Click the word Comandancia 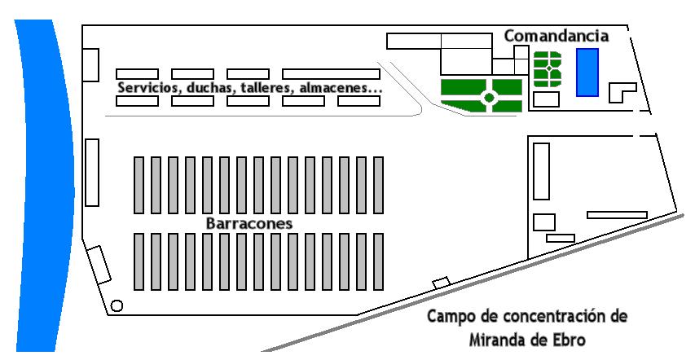coord(556,36)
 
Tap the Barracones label coord(249,222)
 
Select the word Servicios coord(145,87)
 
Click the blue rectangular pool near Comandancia coord(587,72)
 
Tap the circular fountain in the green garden coord(489,97)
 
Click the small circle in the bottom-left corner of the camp coord(117,306)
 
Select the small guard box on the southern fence coord(440,282)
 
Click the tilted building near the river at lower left coord(99,265)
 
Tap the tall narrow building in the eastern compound coord(541,171)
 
